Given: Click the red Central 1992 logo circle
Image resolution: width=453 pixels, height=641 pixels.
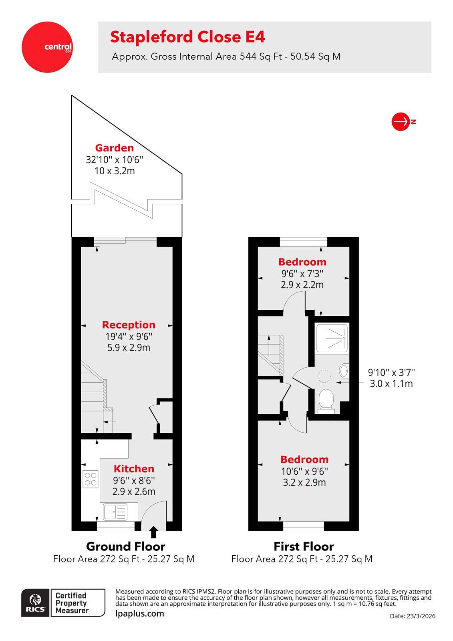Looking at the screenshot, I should pos(47,47).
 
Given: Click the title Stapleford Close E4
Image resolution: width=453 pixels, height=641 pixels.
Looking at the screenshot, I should pos(187,37).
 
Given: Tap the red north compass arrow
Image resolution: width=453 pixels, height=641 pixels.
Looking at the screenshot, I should pos(401,121).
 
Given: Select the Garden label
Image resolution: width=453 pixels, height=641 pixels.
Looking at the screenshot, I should pos(114,148).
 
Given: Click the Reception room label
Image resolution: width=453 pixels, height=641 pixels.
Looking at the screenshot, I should pos(128,325).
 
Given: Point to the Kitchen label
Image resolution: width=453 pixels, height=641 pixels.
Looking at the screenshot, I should pos(134,469).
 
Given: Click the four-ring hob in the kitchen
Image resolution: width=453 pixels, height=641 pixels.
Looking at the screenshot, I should pos(91,479).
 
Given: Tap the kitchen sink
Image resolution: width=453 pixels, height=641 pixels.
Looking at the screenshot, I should pos(115,512).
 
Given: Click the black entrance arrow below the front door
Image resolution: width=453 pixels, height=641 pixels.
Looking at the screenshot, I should pos(153,532).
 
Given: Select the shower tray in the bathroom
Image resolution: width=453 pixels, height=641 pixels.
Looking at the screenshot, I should pos(332,338).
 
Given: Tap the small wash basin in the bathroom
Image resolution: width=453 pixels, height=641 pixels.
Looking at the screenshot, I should pos(344,371).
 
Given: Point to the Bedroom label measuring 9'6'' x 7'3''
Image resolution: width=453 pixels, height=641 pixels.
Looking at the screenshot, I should pos(302,262).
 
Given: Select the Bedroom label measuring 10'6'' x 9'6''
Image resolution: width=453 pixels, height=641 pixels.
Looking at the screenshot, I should pos(304,460).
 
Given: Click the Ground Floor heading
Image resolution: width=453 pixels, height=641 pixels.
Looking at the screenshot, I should pos(125,546).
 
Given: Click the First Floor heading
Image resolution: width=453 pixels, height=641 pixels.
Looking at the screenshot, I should pos(303,546).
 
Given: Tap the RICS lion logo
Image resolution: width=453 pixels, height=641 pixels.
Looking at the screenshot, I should pos(36,603).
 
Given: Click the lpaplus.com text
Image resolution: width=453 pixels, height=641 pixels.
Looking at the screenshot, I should pos(139,614).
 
